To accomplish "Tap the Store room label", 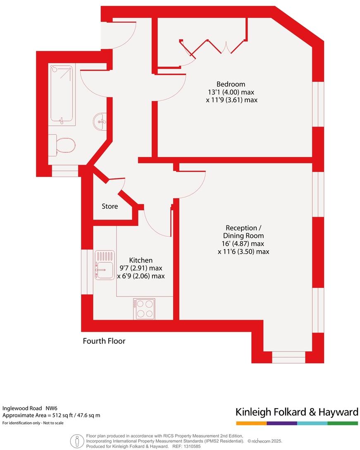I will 110,206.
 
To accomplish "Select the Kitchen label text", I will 141,260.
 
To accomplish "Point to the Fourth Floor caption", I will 104,341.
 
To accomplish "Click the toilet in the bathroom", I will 62,145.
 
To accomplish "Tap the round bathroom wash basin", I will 100,122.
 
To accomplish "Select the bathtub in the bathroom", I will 62,95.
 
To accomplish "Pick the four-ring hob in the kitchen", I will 144,309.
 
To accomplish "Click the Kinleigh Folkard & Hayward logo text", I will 296,412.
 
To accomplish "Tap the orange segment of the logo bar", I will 251,423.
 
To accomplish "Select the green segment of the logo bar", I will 343,423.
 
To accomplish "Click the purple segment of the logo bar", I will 282,423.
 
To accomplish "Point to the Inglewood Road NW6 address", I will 29,408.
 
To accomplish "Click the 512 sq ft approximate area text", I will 52,415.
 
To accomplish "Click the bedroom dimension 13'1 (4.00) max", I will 231,92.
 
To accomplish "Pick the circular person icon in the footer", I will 76,441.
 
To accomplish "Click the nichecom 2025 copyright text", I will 265,441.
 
